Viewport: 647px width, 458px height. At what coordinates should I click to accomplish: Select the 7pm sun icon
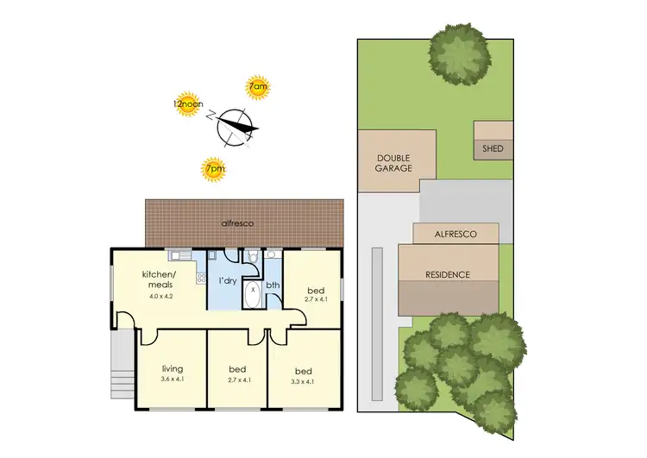coord(212,168)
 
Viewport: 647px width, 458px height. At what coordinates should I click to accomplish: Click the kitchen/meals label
coord(158,281)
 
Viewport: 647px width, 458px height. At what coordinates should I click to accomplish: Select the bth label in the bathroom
coord(273,285)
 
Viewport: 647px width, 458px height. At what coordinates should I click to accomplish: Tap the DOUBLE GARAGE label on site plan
coord(393,163)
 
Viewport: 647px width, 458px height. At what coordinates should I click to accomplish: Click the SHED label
coord(493,149)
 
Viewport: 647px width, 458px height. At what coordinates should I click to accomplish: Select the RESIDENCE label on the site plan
coord(448,274)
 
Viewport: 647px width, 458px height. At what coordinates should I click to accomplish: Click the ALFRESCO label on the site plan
coord(455,233)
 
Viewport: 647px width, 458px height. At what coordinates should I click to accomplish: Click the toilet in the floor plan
coord(252,257)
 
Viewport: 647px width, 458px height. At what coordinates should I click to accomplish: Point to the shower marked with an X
coord(253,292)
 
